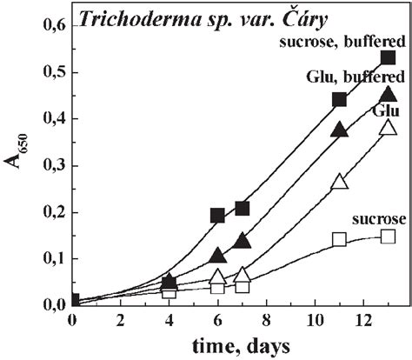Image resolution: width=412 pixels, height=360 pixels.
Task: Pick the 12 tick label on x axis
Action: pyautogui.click(x=364, y=321)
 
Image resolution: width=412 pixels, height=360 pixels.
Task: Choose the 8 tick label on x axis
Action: pyautogui.click(x=267, y=321)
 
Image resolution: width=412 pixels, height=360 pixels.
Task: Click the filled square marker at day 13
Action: pyautogui.click(x=388, y=57)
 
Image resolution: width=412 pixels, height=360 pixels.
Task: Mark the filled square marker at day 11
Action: pyautogui.click(x=340, y=99)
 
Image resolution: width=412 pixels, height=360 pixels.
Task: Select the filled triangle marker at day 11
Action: pyautogui.click(x=340, y=130)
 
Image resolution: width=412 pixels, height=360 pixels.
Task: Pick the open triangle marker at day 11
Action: pyautogui.click(x=340, y=182)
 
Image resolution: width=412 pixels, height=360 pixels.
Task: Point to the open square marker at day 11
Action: pyautogui.click(x=340, y=239)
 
